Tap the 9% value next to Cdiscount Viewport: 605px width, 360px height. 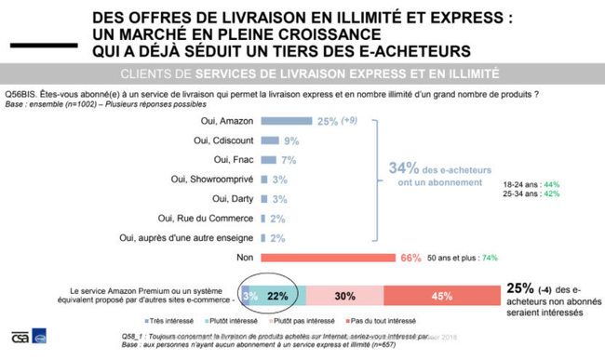click(x=291, y=140)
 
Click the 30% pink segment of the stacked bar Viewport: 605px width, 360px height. click(x=344, y=297)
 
